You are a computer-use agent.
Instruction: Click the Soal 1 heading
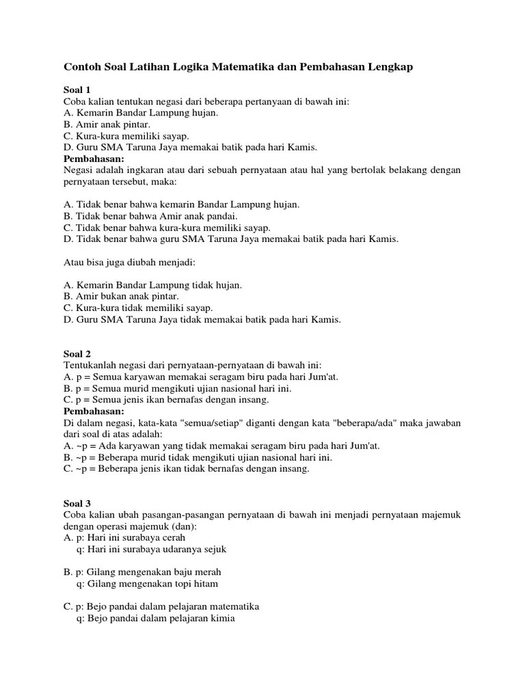(77, 90)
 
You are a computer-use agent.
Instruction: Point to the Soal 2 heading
(77, 353)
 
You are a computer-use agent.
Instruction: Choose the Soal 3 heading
(77, 503)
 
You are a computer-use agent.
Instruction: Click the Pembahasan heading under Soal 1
(94, 159)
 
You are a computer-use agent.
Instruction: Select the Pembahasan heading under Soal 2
(94, 412)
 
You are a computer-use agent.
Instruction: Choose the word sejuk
(213, 549)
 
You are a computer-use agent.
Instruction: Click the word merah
(207, 571)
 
